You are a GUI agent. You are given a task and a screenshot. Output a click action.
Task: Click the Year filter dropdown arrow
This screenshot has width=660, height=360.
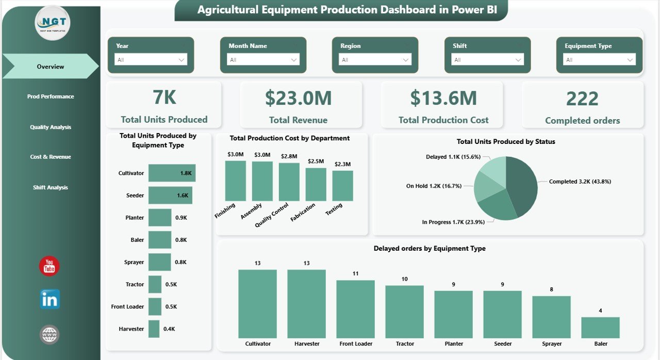tap(181, 60)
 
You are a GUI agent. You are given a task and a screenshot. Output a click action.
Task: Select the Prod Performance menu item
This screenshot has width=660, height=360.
tap(51, 96)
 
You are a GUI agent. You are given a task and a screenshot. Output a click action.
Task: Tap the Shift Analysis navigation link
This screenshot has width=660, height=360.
tap(51, 187)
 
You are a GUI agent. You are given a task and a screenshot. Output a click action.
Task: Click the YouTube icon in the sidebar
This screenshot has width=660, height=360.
tap(49, 266)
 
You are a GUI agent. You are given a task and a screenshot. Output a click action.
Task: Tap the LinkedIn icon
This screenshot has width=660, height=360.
tap(50, 299)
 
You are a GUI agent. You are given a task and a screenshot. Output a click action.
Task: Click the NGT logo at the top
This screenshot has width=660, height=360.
tap(53, 23)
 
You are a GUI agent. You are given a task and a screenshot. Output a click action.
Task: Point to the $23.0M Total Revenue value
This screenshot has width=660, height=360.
tap(298, 99)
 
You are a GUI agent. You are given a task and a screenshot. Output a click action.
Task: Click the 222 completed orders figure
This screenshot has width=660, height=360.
tap(582, 99)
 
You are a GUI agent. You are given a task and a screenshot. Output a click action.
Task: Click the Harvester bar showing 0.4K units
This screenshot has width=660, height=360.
tap(154, 329)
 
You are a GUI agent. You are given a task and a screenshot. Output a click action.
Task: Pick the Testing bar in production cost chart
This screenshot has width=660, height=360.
tap(342, 186)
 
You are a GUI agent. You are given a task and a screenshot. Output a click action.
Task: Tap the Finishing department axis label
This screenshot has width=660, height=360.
tap(225, 210)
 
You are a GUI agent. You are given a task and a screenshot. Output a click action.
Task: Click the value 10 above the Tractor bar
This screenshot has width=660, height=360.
tap(404, 279)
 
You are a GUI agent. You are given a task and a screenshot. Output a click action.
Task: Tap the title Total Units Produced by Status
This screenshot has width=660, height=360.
tap(505, 141)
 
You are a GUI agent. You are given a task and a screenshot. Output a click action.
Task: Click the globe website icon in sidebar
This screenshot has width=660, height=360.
tap(49, 335)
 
